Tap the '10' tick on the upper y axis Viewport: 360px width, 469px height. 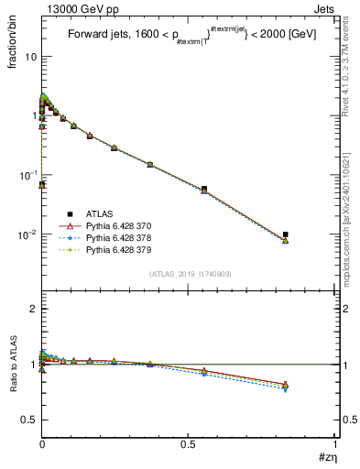[x=31, y=57]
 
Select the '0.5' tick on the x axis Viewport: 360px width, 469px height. [x=189, y=443]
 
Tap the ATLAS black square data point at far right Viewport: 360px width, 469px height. [x=286, y=234]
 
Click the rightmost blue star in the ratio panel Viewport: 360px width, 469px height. [x=286, y=389]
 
